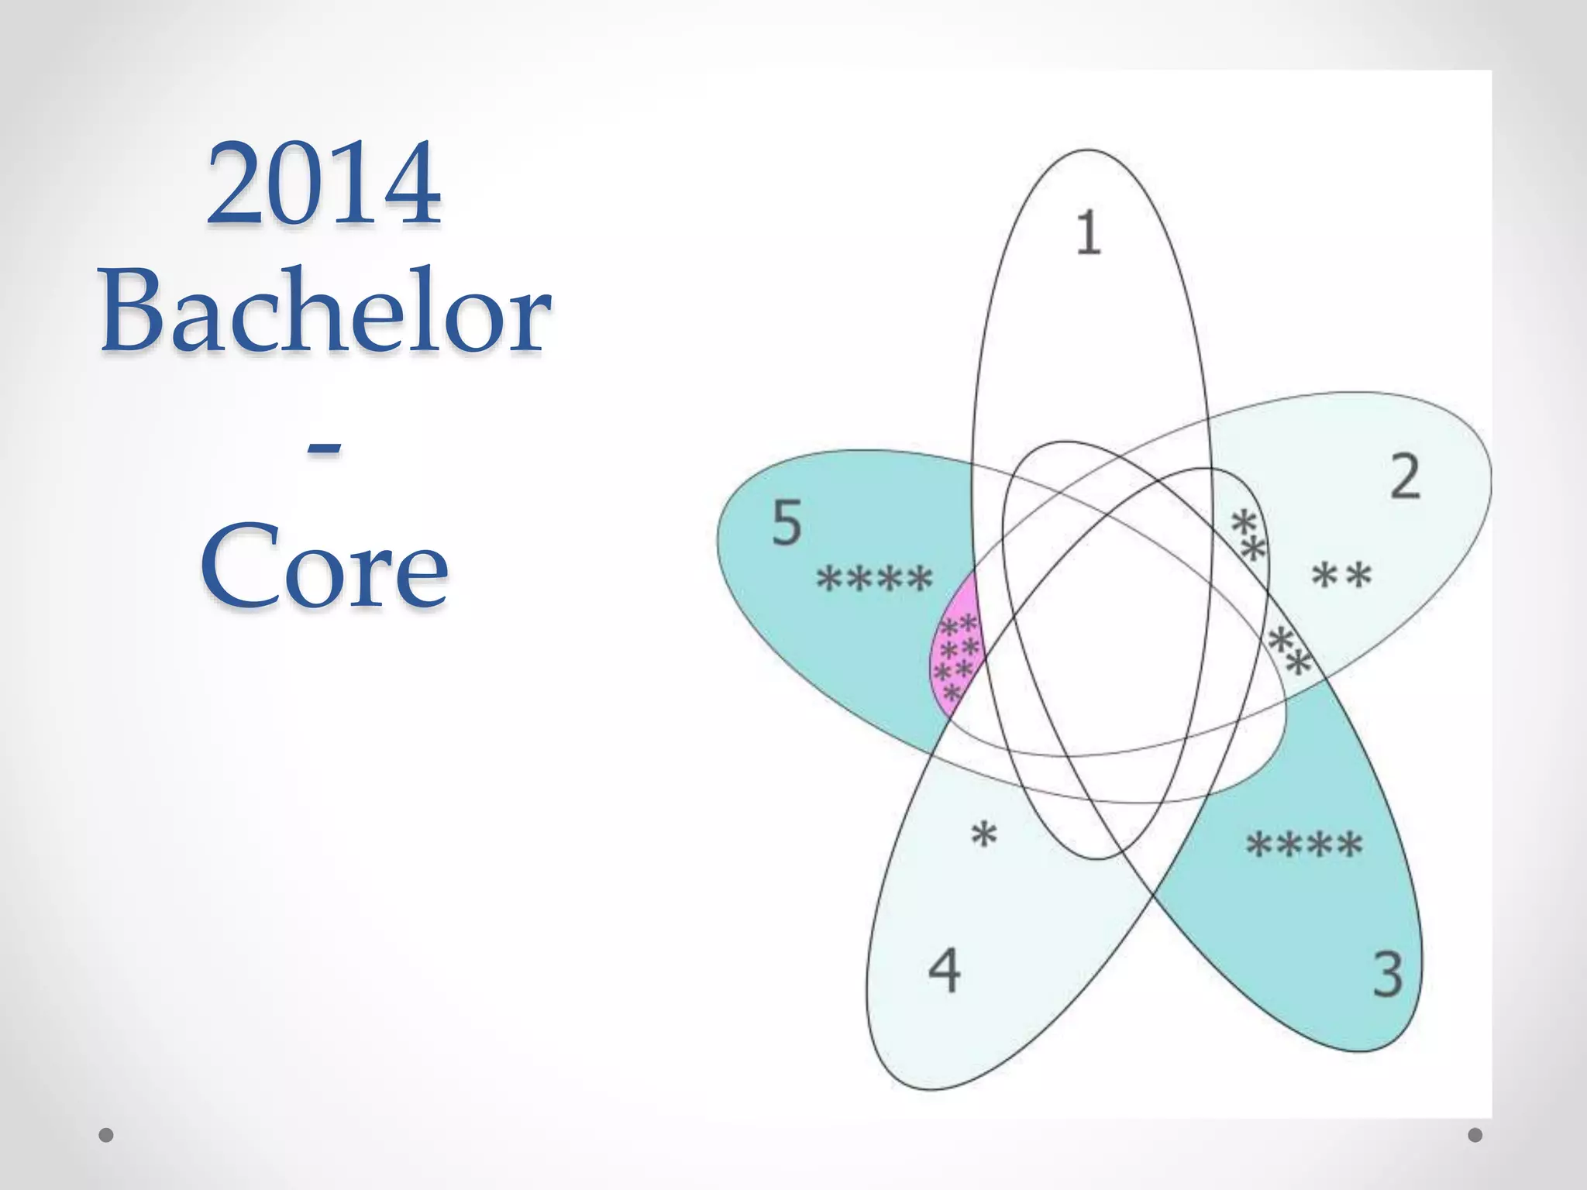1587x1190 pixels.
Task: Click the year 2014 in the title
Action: point(324,184)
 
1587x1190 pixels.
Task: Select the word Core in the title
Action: point(324,567)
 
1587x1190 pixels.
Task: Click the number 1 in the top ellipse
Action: point(1088,232)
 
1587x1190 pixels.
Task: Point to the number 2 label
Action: point(1405,477)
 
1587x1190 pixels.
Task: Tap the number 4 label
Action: point(944,971)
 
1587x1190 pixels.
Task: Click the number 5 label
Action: point(787,523)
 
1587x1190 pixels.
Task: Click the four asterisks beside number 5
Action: point(875,580)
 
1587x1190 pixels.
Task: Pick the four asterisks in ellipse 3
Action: point(1303,845)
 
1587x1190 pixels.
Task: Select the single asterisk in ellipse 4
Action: point(983,836)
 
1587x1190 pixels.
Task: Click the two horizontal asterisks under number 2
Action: point(1341,576)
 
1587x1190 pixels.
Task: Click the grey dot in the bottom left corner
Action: point(106,1136)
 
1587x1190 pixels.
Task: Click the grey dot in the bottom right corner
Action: point(1475,1136)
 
